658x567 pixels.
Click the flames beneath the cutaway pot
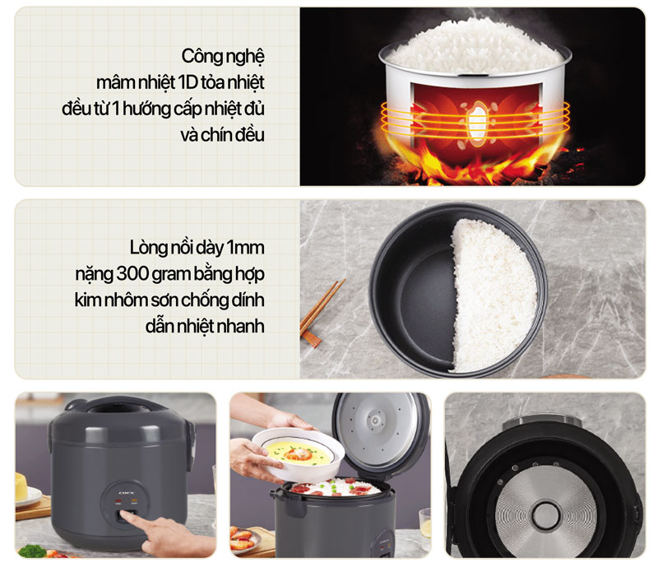(x=474, y=165)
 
